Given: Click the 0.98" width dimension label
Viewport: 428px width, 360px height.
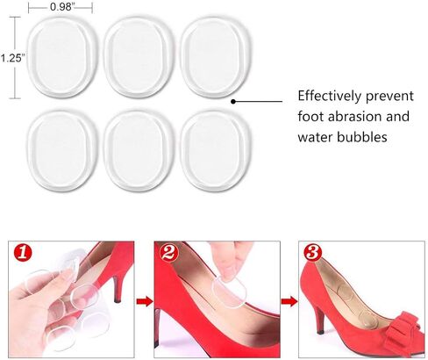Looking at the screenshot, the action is [x=61, y=6].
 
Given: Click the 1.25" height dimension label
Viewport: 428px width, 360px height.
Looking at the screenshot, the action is [x=11, y=58].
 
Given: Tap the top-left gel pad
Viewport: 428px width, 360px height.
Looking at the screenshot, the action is [x=63, y=58].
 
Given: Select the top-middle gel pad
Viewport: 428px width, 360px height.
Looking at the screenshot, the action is [x=139, y=58].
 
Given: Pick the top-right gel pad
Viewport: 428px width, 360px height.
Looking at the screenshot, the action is [x=216, y=58].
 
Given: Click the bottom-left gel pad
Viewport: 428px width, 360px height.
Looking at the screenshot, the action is [x=62, y=151].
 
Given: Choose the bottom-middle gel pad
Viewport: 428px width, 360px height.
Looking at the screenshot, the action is [x=139, y=151].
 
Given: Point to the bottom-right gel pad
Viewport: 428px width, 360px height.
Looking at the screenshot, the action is [x=216, y=151].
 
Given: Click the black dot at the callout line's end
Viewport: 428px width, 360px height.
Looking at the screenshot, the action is [x=233, y=102].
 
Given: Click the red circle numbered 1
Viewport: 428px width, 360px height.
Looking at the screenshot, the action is [x=23, y=252].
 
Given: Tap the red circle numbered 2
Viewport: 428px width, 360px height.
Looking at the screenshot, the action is [x=168, y=252].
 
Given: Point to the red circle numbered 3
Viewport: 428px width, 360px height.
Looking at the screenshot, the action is [x=313, y=252].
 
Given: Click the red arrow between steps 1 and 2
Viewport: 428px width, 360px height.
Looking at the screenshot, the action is [x=145, y=301].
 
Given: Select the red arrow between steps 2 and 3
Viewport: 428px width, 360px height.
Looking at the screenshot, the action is [x=289, y=301].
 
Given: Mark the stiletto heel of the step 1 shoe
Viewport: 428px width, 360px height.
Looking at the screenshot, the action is [x=117, y=288].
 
